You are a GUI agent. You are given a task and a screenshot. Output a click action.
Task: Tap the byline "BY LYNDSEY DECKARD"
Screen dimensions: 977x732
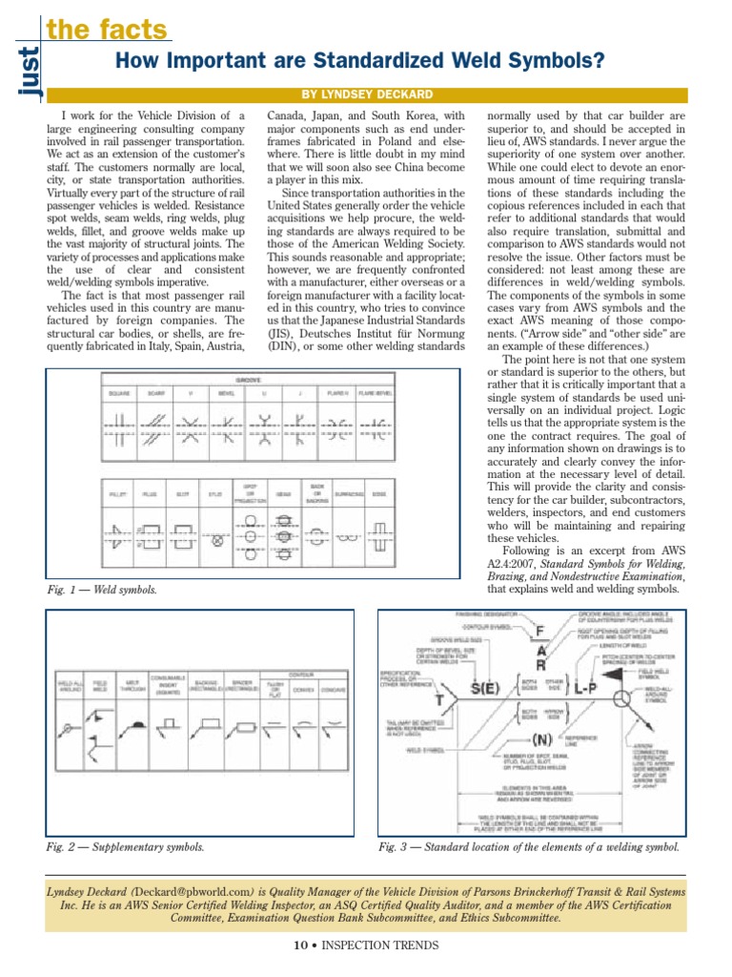pos(367,94)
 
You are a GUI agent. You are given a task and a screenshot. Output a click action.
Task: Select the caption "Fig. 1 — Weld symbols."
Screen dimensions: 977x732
pos(102,590)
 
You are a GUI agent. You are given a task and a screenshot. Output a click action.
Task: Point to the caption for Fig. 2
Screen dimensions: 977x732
pos(125,846)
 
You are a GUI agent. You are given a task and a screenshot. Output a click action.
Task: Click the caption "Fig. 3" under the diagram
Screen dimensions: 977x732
pos(529,846)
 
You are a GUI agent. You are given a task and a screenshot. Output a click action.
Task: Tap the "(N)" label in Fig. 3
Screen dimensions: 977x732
pos(542,738)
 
